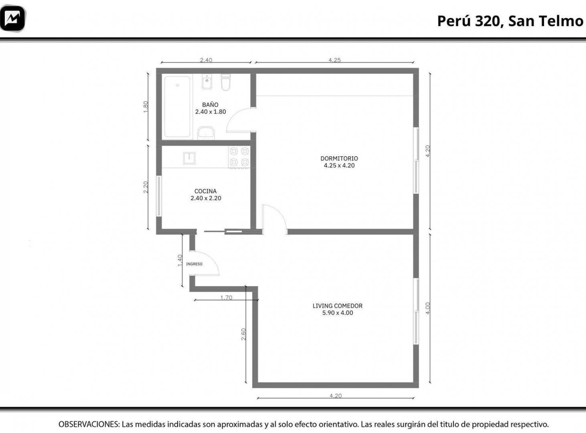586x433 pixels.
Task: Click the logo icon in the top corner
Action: click(x=13, y=18)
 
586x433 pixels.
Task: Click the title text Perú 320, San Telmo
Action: click(x=510, y=21)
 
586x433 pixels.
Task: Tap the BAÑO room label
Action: click(x=210, y=105)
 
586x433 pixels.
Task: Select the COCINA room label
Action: click(x=205, y=191)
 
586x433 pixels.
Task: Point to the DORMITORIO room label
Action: click(x=339, y=158)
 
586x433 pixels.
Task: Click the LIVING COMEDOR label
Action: click(x=338, y=306)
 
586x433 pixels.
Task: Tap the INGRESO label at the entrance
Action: click(x=194, y=264)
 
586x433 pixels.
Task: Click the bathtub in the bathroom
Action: click(x=177, y=107)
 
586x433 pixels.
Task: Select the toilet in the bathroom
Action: click(x=226, y=82)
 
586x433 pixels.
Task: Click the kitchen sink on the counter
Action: click(x=189, y=158)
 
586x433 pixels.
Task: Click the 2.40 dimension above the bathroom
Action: click(x=206, y=60)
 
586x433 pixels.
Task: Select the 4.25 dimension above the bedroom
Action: click(x=335, y=60)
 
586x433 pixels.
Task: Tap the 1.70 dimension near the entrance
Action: click(x=226, y=298)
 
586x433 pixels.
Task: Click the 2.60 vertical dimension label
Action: click(x=243, y=334)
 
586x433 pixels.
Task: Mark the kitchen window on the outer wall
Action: click(x=159, y=196)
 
